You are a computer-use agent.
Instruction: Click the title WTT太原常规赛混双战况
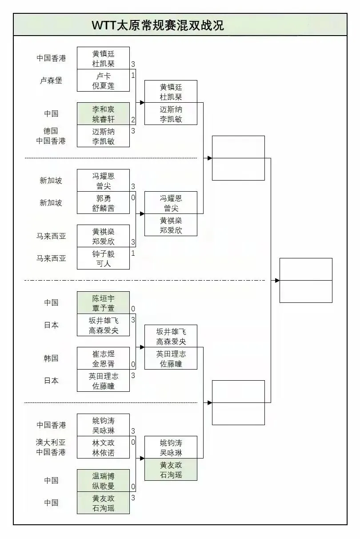[x=158, y=25]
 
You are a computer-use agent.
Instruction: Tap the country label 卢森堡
[x=51, y=80]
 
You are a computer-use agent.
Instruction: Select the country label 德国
[x=51, y=131]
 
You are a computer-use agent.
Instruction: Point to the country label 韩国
[x=51, y=358]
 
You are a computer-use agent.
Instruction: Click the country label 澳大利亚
[x=51, y=442]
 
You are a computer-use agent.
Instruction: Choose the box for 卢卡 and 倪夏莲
[x=103, y=80]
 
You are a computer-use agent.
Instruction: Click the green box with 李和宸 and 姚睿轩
[x=103, y=114]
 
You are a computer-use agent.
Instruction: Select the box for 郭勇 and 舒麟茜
[x=103, y=203]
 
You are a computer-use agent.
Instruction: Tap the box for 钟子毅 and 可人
[x=103, y=258]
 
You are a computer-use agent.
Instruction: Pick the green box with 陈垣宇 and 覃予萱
[x=103, y=303]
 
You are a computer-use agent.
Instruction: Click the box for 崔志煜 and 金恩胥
[x=103, y=358]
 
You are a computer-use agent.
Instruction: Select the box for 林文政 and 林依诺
[x=103, y=447]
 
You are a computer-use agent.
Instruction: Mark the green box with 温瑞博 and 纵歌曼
[x=103, y=481]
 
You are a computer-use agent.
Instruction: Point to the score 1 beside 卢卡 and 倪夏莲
[x=133, y=75]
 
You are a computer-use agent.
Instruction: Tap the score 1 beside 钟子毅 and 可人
[x=133, y=253]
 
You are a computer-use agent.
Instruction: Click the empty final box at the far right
[x=306, y=280]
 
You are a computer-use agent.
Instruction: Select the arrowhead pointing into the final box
[x=277, y=280]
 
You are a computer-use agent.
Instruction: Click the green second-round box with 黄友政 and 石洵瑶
[x=171, y=470]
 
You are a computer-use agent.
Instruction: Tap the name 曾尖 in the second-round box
[x=171, y=208]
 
